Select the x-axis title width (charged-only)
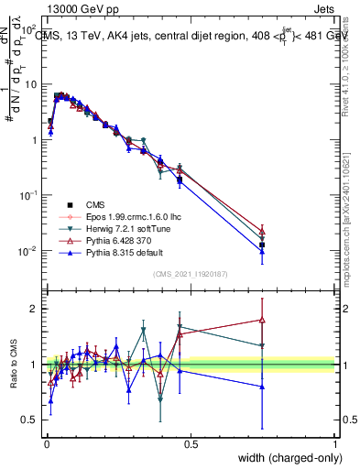click(x=285, y=458)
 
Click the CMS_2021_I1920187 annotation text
click(x=191, y=273)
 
